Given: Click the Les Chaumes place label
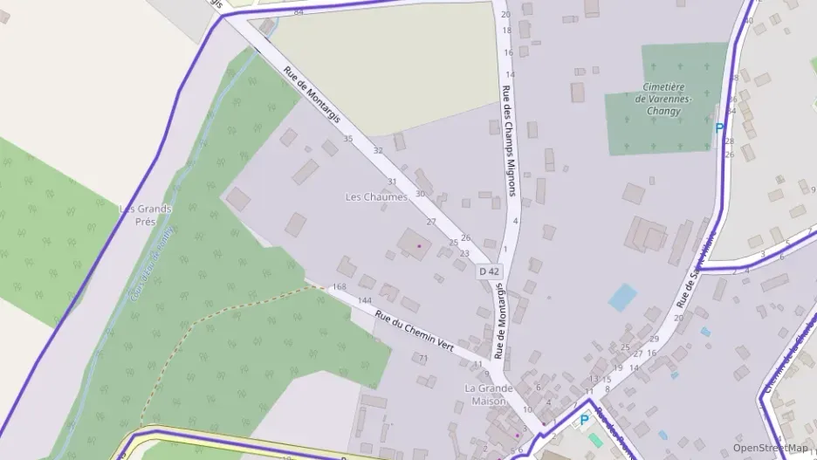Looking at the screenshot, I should (376, 197).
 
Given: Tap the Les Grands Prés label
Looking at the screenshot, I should (145, 215).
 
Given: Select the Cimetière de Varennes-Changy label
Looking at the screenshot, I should (666, 99).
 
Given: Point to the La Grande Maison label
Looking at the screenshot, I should (485, 395).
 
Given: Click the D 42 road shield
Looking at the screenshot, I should (490, 271).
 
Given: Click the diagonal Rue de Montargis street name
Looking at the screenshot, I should (312, 95).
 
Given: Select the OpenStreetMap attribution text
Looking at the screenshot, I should (770, 448).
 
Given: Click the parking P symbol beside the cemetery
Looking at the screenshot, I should (719, 128).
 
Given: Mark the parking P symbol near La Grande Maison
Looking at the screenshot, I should (584, 421).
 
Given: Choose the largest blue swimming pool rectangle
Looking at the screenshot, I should (623, 297).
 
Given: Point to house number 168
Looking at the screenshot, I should (340, 287).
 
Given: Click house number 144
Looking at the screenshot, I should (365, 300).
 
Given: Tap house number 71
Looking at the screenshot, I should (423, 358).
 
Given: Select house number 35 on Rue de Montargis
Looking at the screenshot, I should (348, 139).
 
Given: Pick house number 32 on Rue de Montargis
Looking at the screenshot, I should (378, 151).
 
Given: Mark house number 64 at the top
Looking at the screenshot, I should (299, 11).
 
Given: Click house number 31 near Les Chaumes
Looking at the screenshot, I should (392, 182).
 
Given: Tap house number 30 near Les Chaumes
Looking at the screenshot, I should (420, 194).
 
